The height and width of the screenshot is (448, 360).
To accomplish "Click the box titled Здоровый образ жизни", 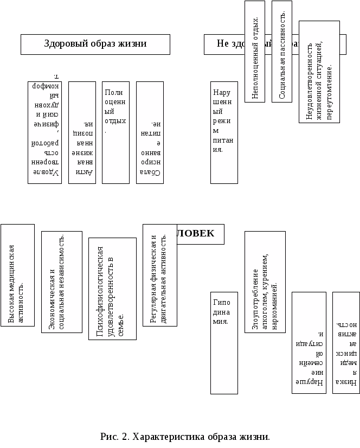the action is (95, 44).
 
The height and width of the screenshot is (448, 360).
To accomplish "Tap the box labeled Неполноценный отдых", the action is (255, 52).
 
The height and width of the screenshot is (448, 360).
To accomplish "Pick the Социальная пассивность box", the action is (282, 52).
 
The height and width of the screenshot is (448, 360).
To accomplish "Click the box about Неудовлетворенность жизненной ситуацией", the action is (319, 72).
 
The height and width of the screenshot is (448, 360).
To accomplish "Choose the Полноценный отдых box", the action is (115, 132).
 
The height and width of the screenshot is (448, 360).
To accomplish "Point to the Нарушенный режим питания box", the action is (224, 132).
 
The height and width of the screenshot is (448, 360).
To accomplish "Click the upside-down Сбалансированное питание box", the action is (150, 132).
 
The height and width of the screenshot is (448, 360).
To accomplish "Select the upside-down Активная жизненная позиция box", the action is (82, 132).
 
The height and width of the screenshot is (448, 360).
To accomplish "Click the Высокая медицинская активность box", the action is (17, 276).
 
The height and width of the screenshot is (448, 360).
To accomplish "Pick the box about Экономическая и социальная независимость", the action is (62, 282).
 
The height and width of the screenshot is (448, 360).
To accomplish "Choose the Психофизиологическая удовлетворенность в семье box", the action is (112, 289).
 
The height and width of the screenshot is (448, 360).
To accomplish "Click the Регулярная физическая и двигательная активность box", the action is (159, 276).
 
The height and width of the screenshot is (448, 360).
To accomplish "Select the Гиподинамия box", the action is (224, 343).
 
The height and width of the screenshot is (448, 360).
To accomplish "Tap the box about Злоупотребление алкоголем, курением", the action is (265, 282).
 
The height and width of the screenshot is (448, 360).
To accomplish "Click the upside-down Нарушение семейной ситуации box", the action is (309, 343).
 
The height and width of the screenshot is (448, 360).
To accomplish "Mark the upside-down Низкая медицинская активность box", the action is (346, 343).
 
